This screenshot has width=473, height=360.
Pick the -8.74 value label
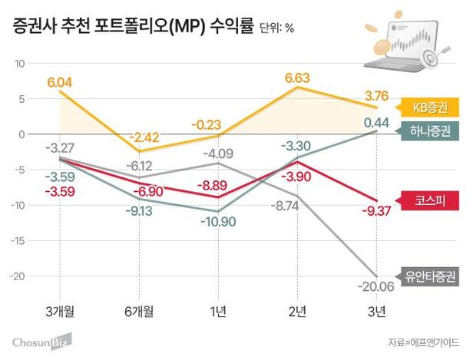tap(297, 206)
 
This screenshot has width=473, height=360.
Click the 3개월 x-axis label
tap(61, 310)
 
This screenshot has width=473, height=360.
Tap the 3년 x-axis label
tap(375, 310)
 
